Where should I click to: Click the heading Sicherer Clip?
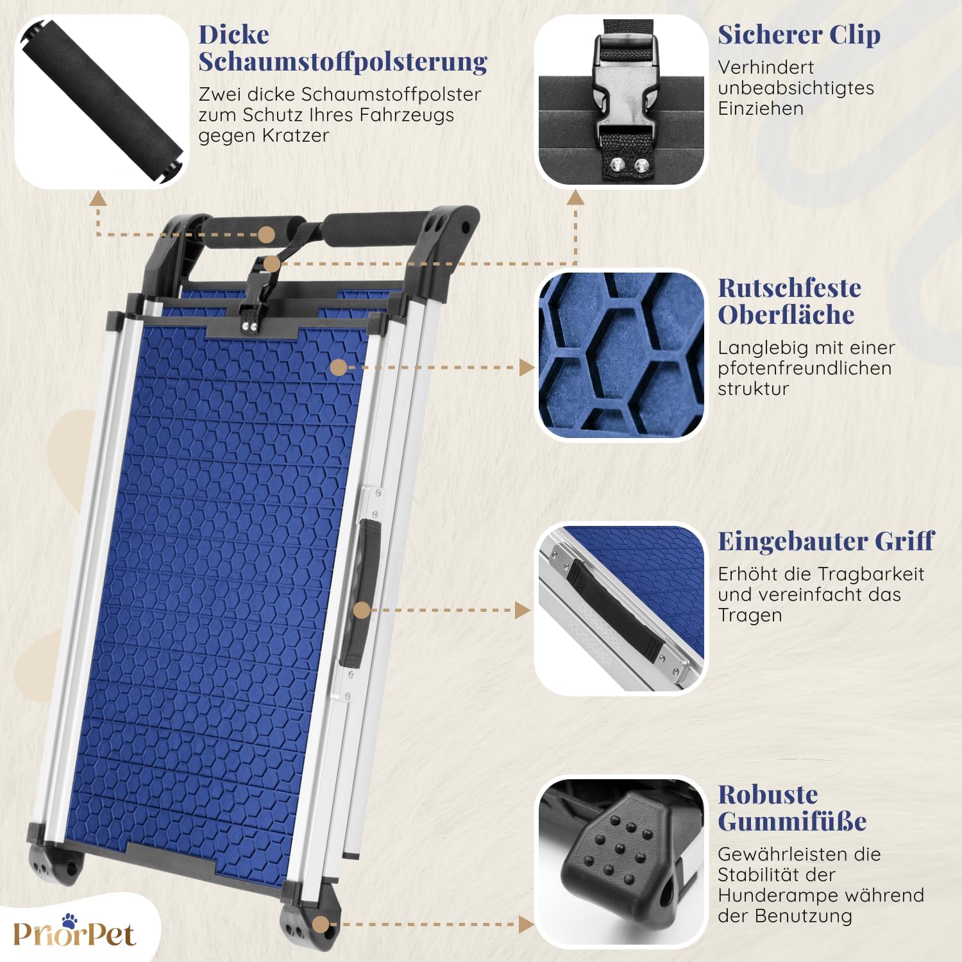point(799,35)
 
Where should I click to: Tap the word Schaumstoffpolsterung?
point(343,62)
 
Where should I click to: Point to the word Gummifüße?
point(792,821)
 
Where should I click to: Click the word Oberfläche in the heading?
point(786,314)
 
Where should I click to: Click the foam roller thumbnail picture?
point(102,101)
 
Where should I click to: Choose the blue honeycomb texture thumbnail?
point(621,355)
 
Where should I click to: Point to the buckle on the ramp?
point(258,292)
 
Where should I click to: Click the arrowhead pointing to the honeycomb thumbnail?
point(527,367)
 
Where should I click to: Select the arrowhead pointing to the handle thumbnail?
point(523,610)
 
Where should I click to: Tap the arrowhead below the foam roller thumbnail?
point(98,198)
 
